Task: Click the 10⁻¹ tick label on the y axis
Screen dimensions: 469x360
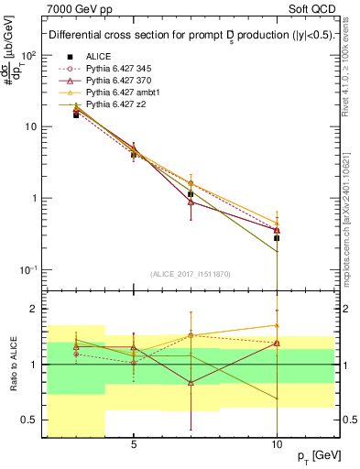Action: click(27, 269)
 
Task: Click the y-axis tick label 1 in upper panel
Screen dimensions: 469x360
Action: click(33, 198)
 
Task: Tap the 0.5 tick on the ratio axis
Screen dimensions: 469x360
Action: click(27, 420)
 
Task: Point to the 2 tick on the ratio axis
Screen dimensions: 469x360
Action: click(33, 309)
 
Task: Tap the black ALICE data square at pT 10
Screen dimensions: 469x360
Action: click(277, 238)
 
